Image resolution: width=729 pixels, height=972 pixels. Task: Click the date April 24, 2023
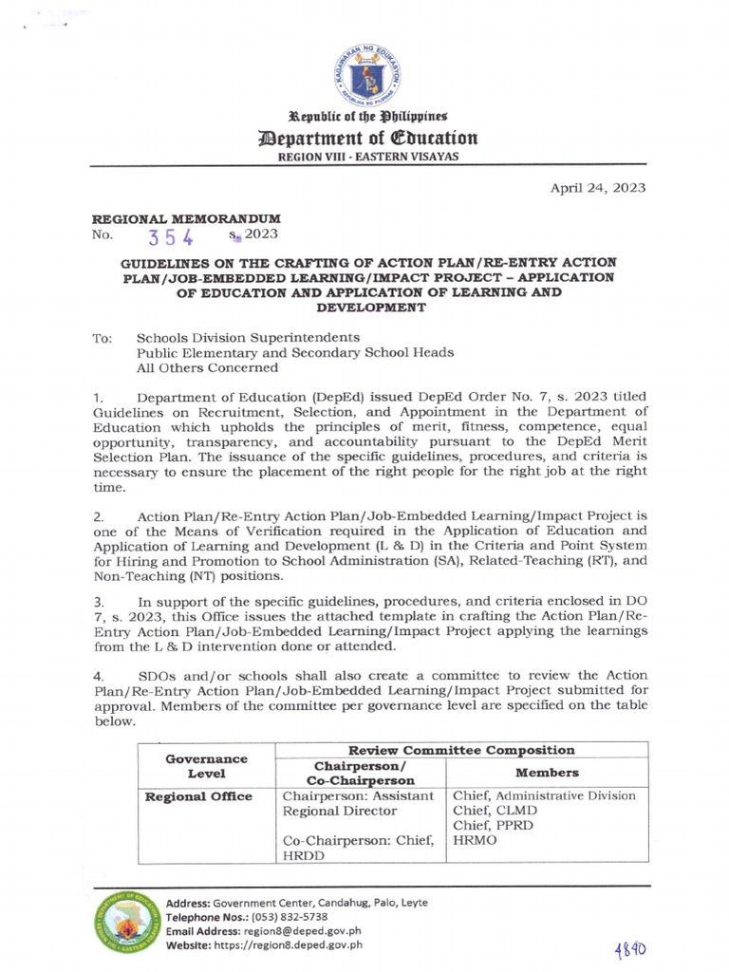[x=598, y=187]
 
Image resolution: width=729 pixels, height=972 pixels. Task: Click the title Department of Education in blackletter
[x=364, y=140]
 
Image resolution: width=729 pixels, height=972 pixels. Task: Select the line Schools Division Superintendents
[x=248, y=337]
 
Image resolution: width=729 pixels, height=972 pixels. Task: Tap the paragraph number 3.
[x=98, y=602]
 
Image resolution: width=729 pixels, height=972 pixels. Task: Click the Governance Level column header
[x=206, y=766]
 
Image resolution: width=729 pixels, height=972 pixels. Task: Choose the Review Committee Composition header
[x=460, y=750]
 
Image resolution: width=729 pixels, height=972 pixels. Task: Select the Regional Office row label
[x=197, y=796]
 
